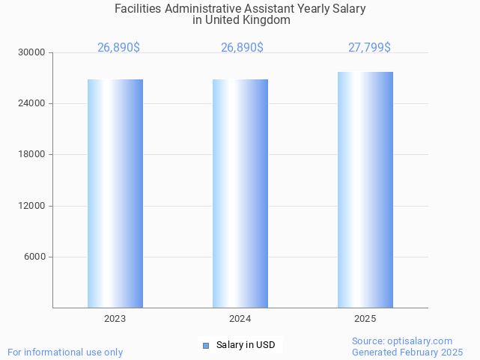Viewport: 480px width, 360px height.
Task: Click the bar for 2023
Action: click(115, 193)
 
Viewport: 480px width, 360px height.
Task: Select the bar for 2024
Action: click(240, 193)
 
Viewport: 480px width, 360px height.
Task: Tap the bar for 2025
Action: click(365, 189)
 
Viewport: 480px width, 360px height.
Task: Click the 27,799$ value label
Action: click(369, 48)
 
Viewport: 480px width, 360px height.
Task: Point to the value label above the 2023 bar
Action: click(118, 48)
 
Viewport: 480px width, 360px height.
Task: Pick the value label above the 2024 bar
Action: click(242, 48)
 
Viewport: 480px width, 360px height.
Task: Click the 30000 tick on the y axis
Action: click(32, 52)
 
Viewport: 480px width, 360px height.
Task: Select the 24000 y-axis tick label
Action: click(32, 103)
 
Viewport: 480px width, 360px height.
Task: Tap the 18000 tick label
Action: click(32, 154)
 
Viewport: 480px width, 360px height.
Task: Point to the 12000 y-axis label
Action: click(32, 206)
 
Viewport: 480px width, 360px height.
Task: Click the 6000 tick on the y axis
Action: click(34, 257)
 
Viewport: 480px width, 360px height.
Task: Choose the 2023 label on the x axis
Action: click(115, 319)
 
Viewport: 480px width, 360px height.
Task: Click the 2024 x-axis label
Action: click(240, 319)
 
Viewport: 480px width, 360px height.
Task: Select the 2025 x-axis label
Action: click(365, 319)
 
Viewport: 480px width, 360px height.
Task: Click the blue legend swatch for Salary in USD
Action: click(206, 345)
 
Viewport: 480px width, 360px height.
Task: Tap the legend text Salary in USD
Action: click(246, 345)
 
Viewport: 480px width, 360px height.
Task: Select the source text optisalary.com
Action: click(420, 341)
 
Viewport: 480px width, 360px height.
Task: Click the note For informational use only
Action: click(65, 352)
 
